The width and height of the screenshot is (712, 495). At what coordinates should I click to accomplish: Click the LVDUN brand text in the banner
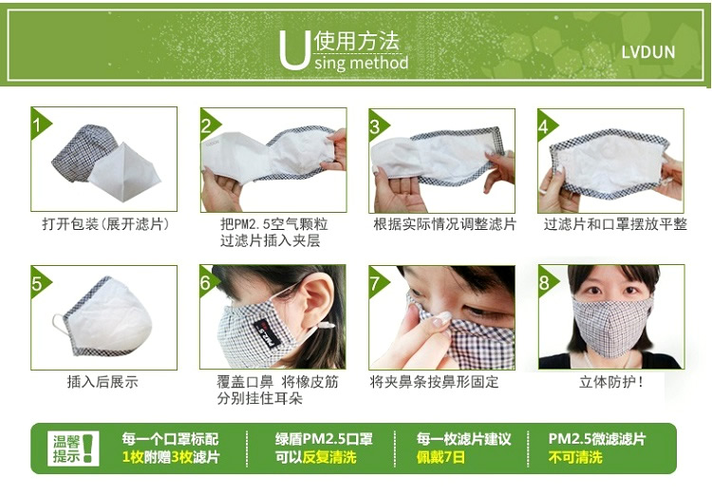tap(648, 52)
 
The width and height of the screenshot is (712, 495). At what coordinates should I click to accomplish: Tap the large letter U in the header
tap(294, 50)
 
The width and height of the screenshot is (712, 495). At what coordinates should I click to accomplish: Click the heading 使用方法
tap(356, 41)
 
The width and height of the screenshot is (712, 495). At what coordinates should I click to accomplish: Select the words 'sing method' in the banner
tap(362, 63)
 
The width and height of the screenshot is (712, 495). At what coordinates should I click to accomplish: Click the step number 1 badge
tap(39, 123)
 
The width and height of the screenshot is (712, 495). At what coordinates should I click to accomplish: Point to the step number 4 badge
tap(545, 124)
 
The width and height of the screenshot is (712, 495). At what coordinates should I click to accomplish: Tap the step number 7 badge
tap(377, 282)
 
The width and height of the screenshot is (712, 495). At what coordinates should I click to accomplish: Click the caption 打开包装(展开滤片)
tap(105, 224)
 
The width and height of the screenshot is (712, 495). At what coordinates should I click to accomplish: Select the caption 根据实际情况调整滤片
tap(445, 224)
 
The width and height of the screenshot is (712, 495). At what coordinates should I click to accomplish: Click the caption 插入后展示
tap(103, 382)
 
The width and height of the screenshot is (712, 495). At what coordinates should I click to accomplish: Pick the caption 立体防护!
tap(611, 382)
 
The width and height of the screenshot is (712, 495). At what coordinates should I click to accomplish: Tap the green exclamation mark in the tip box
tap(89, 448)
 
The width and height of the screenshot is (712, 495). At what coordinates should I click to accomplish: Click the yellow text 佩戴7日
tap(440, 457)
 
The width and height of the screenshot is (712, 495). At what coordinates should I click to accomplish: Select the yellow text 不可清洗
tap(575, 457)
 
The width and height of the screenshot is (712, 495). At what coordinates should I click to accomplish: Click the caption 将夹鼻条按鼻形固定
tap(434, 382)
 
